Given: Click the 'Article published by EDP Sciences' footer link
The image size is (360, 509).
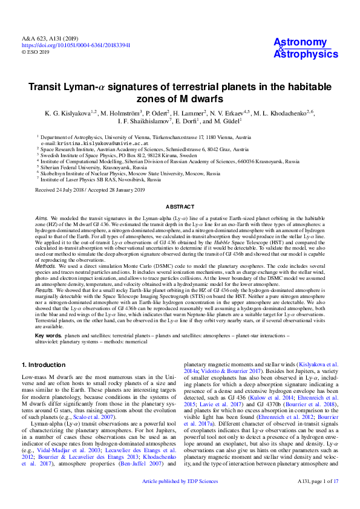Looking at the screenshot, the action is [x=180, y=498].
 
